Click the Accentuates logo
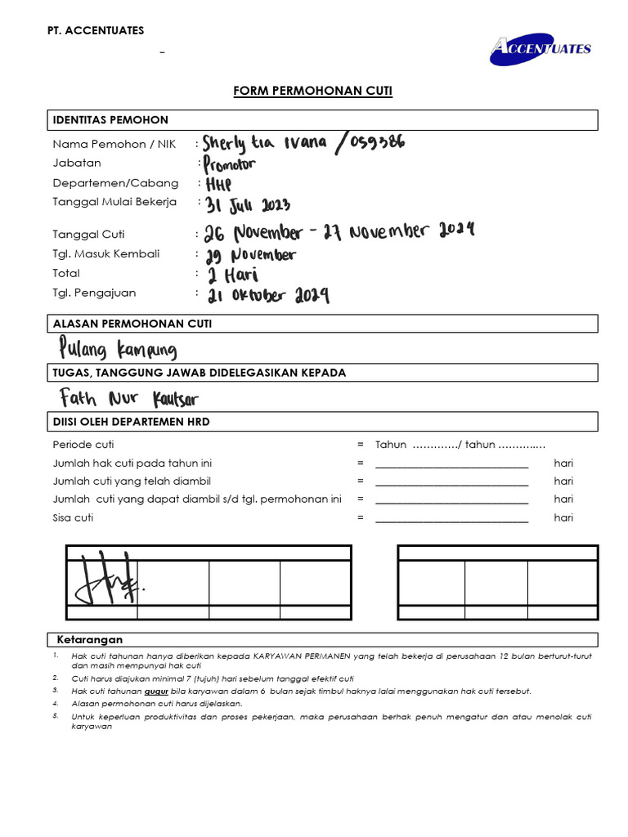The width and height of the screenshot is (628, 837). [541, 48]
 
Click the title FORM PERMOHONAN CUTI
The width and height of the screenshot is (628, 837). [313, 91]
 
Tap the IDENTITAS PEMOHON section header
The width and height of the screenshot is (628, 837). [110, 119]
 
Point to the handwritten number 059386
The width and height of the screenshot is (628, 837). [373, 143]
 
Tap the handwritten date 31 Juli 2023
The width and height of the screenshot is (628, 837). [248, 204]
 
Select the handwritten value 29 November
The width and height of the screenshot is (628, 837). [250, 255]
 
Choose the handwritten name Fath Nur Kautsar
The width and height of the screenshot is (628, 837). [129, 399]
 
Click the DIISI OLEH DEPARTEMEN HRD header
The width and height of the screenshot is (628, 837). [132, 422]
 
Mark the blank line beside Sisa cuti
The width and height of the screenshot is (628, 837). [451, 518]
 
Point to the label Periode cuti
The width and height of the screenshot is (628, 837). [83, 445]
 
